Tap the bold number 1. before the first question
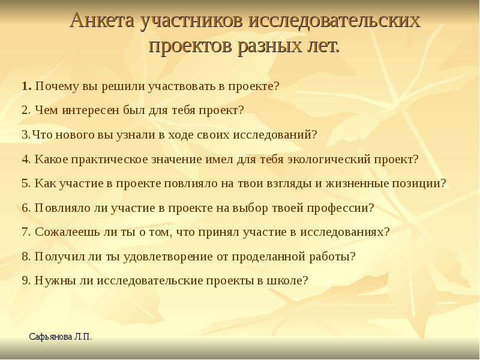point(26,86)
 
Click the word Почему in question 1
point(57,86)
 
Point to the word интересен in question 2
point(90,110)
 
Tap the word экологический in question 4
point(329,160)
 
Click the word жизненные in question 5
point(357,184)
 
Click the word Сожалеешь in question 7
point(64,232)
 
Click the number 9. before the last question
point(26,280)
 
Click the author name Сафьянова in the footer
point(51,337)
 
